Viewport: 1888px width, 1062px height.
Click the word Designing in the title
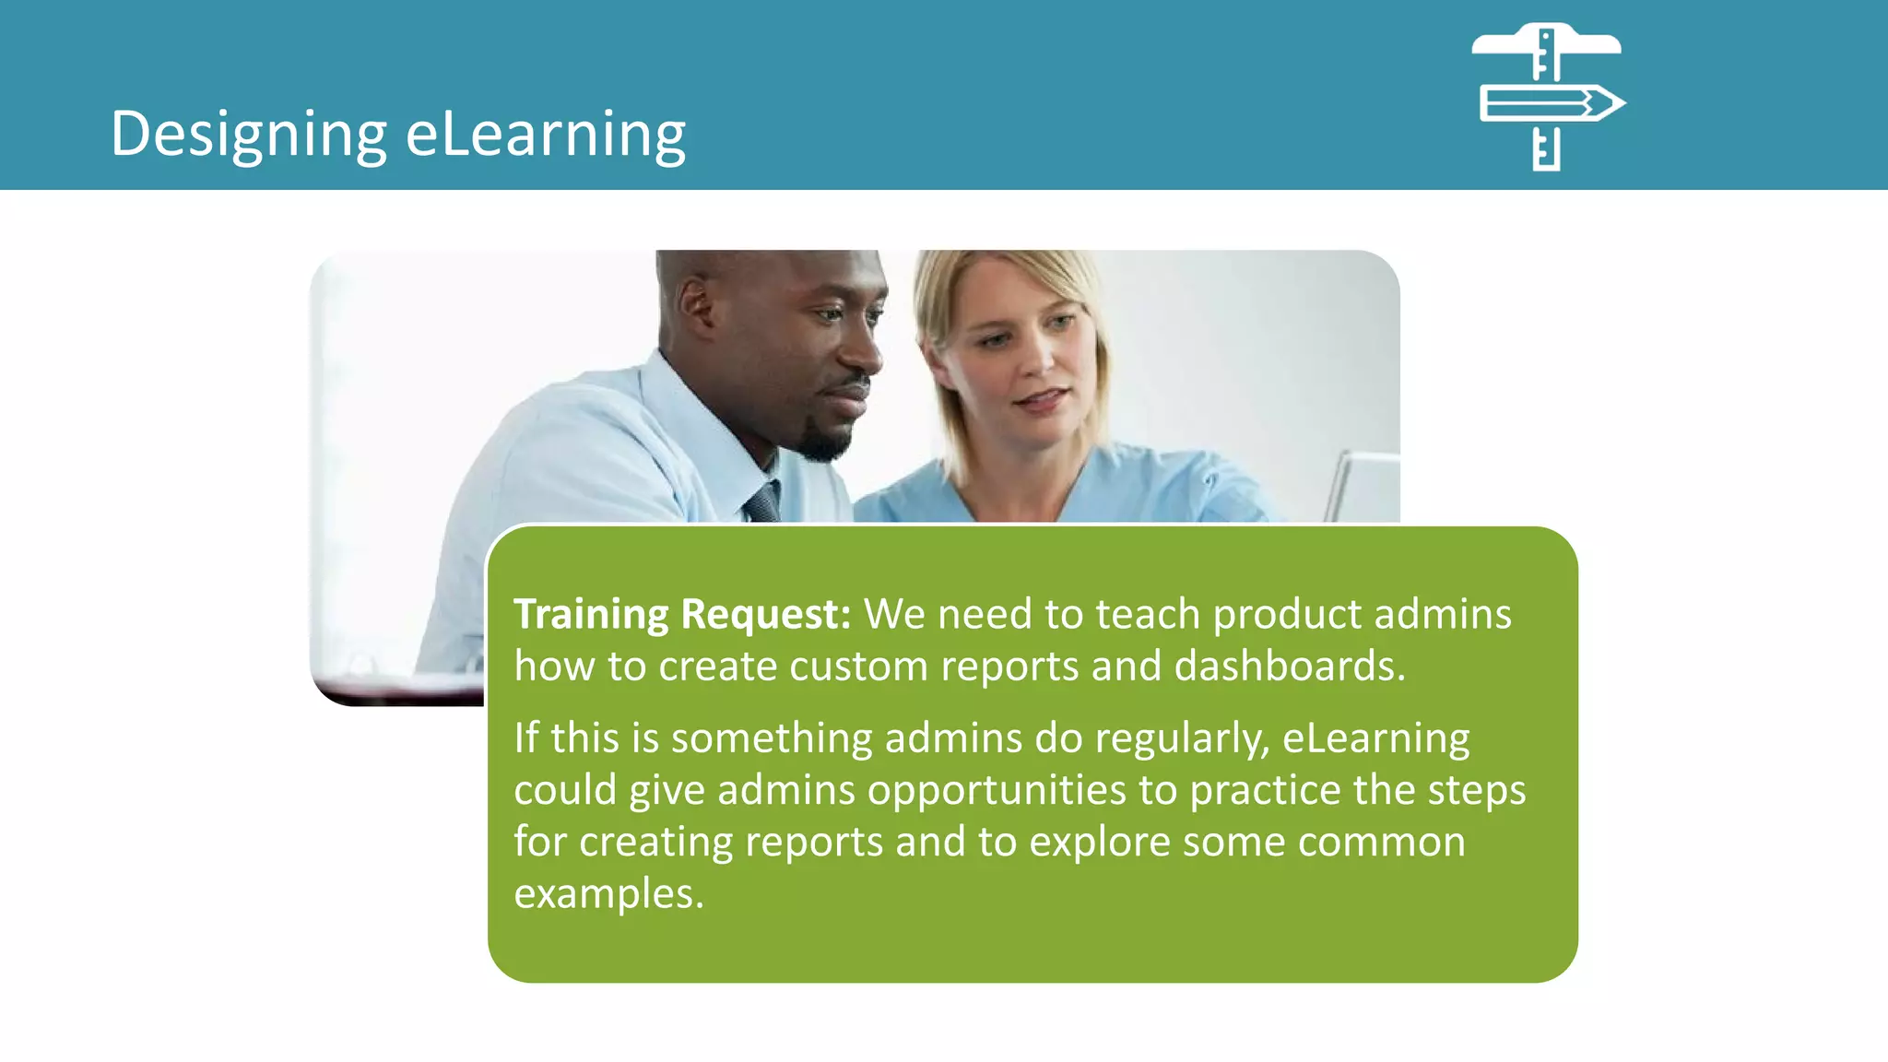(248, 135)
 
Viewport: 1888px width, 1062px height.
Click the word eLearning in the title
(546, 135)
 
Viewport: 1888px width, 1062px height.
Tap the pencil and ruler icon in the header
(1548, 98)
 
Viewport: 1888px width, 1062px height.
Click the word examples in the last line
(608, 894)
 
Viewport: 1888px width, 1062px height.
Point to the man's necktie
(763, 502)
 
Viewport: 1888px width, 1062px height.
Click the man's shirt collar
(687, 406)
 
